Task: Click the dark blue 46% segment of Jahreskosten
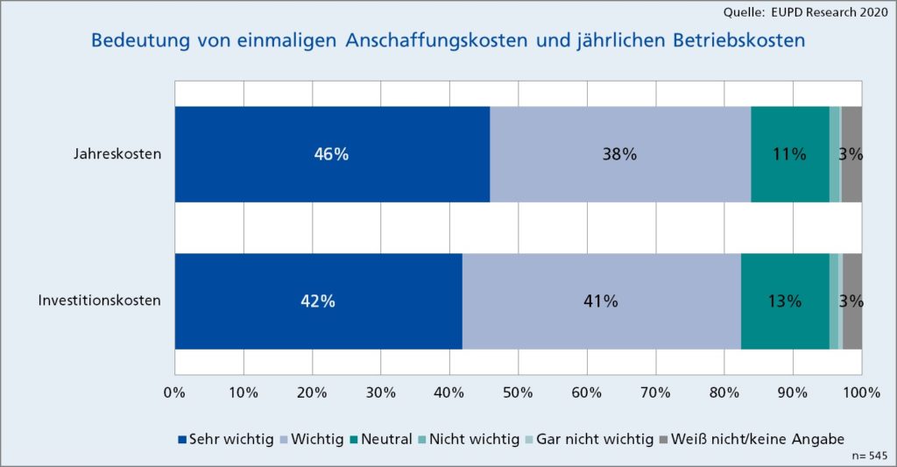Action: point(332,154)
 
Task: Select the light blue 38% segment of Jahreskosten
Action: point(619,154)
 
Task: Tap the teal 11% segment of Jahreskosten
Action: point(789,154)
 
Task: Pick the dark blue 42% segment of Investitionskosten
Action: point(318,301)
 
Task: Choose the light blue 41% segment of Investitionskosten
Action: point(601,301)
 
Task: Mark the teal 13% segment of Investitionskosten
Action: point(784,301)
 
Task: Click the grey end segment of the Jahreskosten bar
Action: point(851,154)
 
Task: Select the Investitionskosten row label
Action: point(100,301)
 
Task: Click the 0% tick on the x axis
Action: point(174,392)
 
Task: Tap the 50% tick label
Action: point(518,392)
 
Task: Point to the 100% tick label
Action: point(861,392)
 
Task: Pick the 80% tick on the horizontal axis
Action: point(724,392)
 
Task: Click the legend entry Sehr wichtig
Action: point(226,438)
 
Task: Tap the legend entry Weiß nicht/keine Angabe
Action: point(752,438)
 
